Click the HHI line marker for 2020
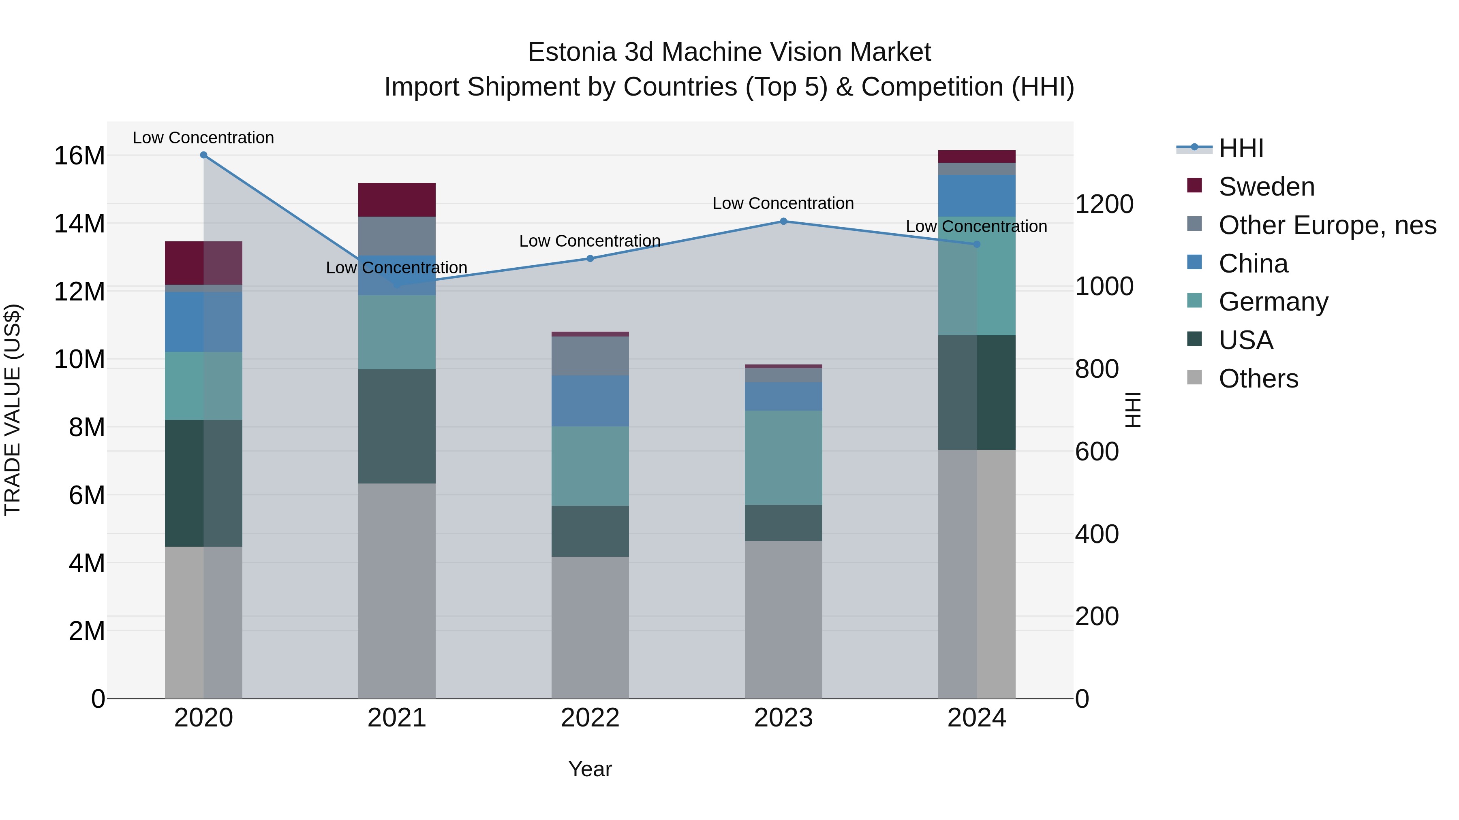203,155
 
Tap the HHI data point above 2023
783,221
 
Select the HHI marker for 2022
590,259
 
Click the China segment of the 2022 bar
590,400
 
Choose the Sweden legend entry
1266,187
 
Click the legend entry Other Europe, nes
1327,225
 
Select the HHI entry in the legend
1241,148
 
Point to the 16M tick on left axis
79,155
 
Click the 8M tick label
87,427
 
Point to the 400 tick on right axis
1097,534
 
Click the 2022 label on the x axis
590,718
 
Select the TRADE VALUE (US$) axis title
13,410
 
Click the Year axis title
590,769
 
